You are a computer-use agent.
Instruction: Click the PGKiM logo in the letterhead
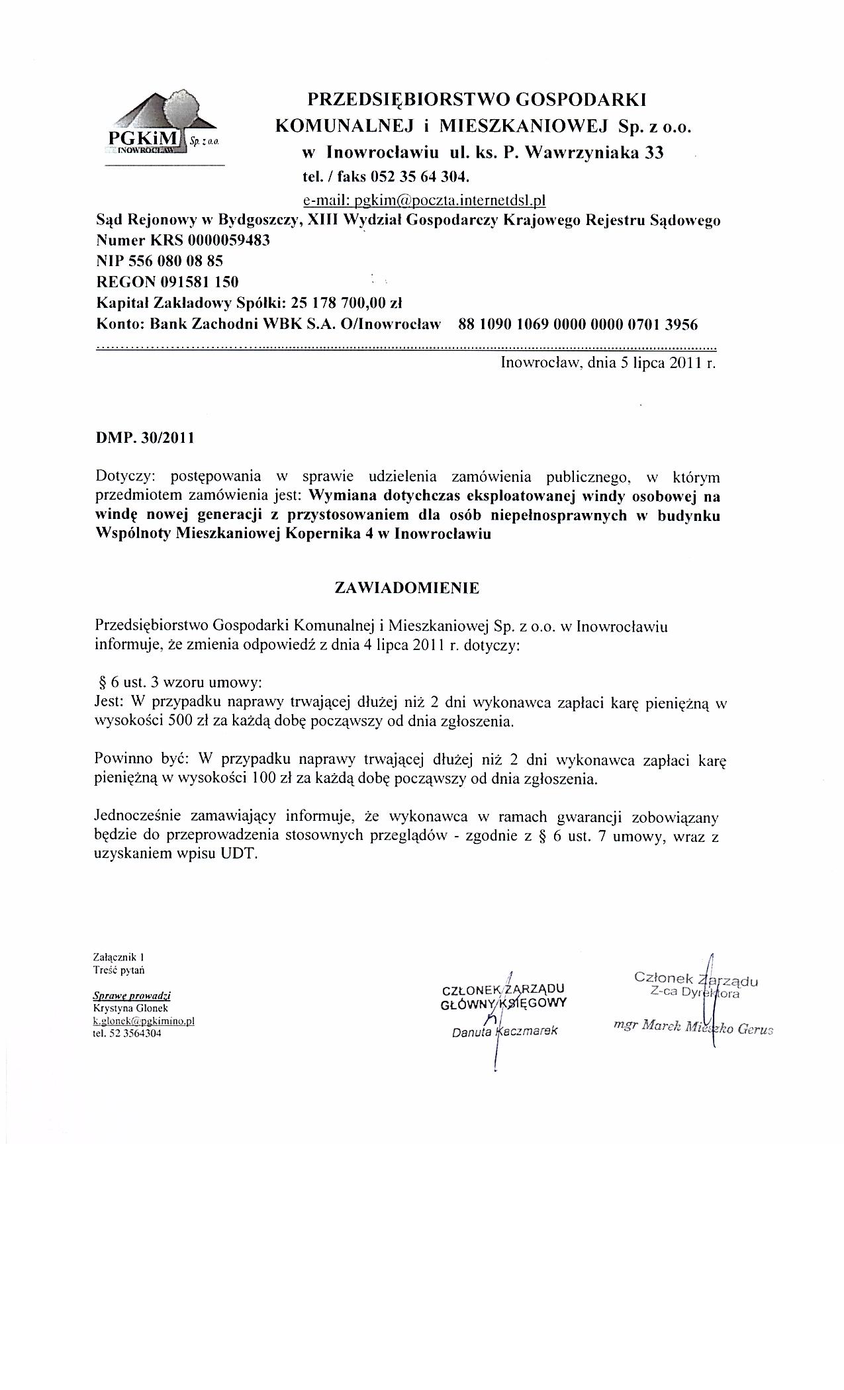click(x=162, y=126)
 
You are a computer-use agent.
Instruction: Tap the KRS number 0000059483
click(x=229, y=240)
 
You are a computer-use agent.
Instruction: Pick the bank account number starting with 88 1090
click(x=578, y=324)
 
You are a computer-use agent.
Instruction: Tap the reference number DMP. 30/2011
click(x=146, y=438)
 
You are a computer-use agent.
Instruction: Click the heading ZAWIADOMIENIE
click(x=407, y=588)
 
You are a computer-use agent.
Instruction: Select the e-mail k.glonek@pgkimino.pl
click(x=144, y=1021)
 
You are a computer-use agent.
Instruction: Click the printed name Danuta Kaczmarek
click(x=505, y=1031)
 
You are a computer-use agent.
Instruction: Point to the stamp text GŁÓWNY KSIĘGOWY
click(x=504, y=1003)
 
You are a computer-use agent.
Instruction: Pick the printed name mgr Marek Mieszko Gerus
click(x=694, y=1028)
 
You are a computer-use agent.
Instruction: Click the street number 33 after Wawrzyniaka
click(x=653, y=154)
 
